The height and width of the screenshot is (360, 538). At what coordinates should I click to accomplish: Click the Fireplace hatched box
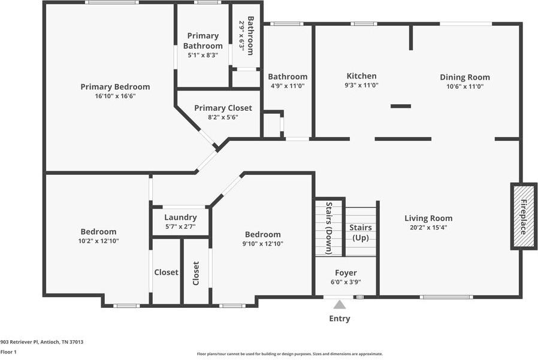523,216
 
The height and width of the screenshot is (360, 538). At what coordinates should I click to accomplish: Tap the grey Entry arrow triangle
340,305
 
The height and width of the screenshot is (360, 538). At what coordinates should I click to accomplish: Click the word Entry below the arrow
340,319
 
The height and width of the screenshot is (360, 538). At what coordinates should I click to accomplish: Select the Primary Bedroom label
115,87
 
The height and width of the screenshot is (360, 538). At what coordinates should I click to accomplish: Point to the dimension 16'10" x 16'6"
115,96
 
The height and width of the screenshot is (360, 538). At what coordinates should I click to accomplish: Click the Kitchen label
362,76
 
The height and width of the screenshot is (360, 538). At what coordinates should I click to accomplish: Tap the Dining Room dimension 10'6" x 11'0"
465,86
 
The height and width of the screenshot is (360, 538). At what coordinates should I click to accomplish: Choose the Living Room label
428,218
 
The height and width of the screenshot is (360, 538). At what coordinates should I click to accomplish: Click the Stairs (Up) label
360,232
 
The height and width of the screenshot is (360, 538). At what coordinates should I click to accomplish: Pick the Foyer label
346,273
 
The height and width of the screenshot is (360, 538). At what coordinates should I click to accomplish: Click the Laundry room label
180,217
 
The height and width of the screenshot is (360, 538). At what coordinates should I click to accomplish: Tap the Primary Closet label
223,108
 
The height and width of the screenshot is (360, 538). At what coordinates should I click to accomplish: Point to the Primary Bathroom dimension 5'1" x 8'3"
203,55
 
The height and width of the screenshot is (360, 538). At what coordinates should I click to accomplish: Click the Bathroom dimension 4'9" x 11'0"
288,86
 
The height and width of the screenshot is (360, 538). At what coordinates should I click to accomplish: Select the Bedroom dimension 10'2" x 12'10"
98,241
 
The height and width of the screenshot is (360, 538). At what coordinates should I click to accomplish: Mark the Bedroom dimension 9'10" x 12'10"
262,244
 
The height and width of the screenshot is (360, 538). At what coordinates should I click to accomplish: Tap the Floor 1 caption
8,352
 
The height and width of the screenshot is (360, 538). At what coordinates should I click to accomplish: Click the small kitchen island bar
401,106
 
